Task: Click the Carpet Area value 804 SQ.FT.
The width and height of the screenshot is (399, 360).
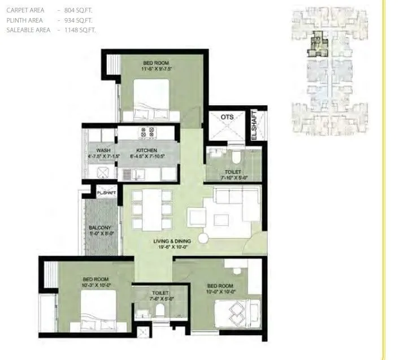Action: click(81, 11)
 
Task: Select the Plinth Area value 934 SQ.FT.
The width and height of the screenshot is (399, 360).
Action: click(81, 20)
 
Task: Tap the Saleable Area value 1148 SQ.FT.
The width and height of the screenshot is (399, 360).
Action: click(81, 30)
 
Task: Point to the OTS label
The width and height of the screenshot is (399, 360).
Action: click(227, 117)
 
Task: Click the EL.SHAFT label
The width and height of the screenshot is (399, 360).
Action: click(254, 125)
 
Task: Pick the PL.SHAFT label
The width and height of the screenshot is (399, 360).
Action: click(106, 193)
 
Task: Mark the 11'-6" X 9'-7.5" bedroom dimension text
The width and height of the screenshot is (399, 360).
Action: click(156, 69)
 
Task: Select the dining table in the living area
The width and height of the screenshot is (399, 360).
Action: click(151, 209)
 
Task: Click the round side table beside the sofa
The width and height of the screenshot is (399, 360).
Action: click(203, 238)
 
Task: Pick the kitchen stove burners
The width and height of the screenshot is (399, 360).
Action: click(149, 133)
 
